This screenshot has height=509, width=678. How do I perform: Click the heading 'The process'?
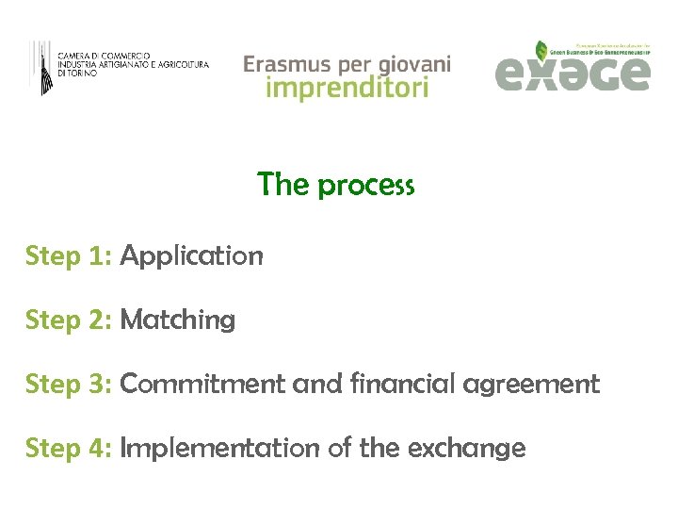(x=335, y=185)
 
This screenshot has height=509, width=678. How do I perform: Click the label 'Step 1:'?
(x=69, y=256)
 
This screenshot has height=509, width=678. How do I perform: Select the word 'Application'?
(x=191, y=256)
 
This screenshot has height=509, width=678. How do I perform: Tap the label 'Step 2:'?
(x=69, y=320)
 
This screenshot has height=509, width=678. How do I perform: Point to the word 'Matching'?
(x=178, y=320)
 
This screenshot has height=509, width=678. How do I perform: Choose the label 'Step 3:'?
(x=69, y=385)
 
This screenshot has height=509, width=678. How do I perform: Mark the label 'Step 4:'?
(x=69, y=449)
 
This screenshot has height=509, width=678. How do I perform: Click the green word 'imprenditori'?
(x=347, y=89)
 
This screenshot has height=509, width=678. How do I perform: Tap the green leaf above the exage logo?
(x=541, y=50)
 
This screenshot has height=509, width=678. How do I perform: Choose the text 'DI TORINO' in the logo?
(x=76, y=73)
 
